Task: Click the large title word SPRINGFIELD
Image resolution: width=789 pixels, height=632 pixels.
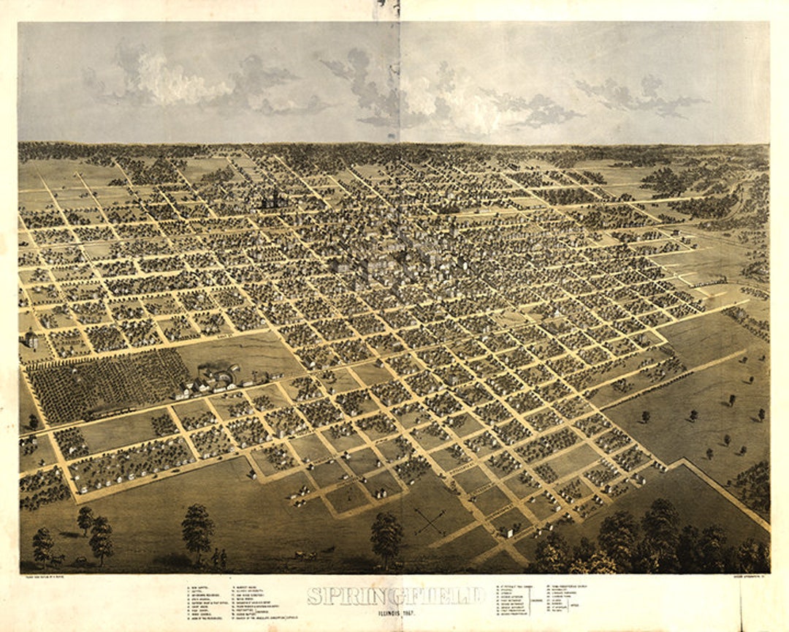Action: tap(395, 595)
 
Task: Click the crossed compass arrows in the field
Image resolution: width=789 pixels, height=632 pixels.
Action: tap(430, 520)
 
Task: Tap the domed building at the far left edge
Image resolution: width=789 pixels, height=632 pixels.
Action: tap(31, 339)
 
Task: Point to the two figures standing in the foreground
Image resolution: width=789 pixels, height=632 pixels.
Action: tap(218, 560)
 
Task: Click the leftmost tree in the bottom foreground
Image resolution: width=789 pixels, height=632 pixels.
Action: tap(42, 545)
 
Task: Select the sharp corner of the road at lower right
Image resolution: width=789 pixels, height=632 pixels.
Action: tap(683, 461)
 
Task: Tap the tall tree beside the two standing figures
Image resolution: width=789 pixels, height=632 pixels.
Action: tap(198, 530)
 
